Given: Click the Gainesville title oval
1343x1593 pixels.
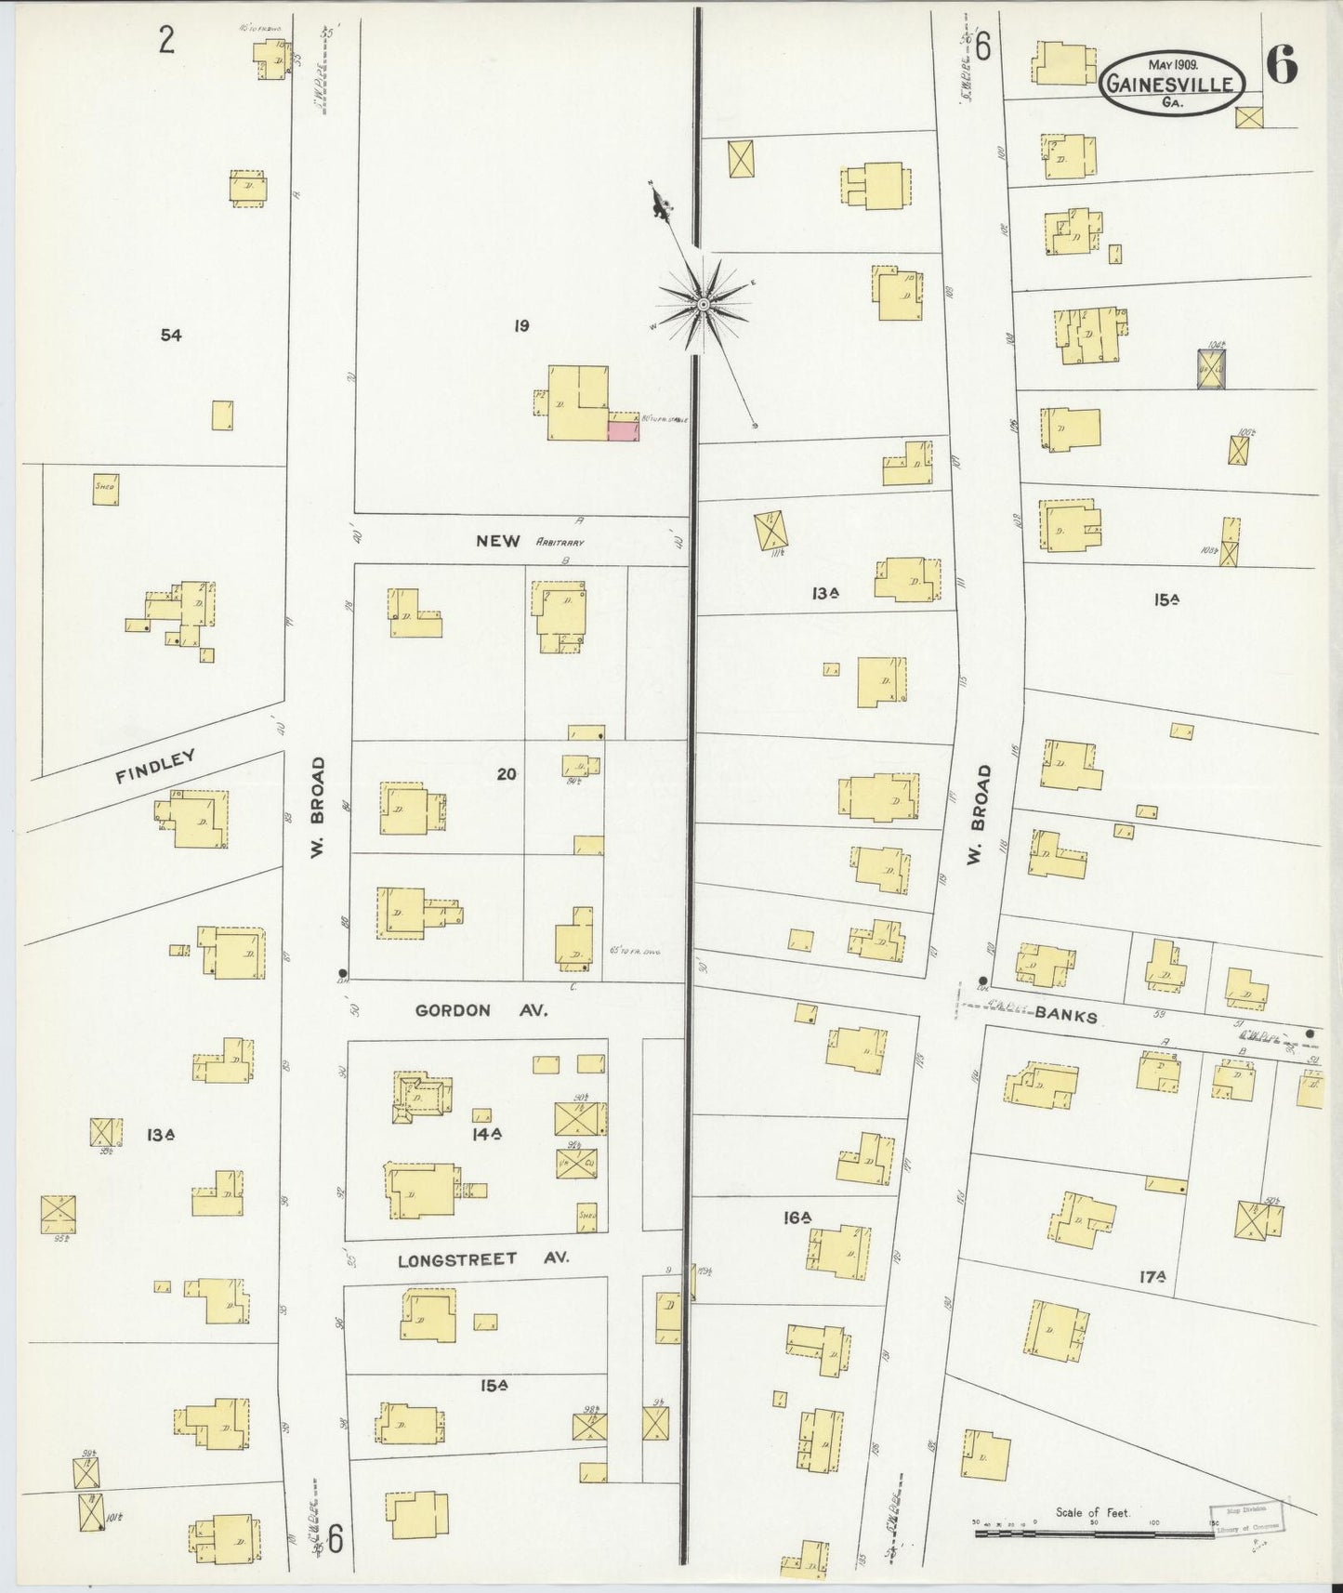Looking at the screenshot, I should [1173, 82].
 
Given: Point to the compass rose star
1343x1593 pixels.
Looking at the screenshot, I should [704, 303].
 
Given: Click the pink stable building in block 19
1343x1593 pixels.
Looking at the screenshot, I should [623, 428].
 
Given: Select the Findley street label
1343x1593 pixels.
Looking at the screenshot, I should [155, 768].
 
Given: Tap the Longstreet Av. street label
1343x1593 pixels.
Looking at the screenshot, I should [482, 1260].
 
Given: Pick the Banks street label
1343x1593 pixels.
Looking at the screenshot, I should [1065, 1016].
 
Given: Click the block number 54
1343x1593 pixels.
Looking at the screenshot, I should [170, 336].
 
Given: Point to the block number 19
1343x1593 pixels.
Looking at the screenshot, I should [521, 325].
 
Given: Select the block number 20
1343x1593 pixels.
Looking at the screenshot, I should [506, 773].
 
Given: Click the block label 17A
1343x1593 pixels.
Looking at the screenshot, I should [1152, 1278].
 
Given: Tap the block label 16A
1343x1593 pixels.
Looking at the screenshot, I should [797, 1218].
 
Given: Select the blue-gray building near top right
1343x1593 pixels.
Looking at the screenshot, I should [1212, 369].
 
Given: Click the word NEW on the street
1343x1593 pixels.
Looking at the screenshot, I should [497, 541].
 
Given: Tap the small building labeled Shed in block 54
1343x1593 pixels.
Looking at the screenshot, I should [105, 489].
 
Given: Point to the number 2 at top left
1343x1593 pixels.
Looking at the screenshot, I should [166, 41].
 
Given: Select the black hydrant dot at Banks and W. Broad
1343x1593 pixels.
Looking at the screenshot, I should [982, 981].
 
